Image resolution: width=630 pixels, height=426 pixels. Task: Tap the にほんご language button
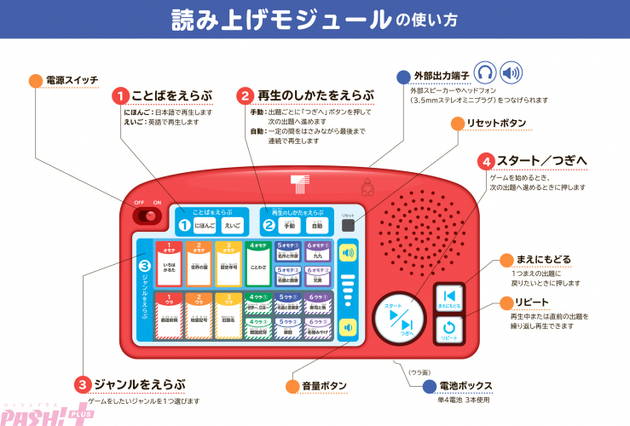[205, 226]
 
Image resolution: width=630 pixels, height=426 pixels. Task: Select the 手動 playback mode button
[289, 226]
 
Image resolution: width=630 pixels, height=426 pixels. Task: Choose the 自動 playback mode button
[317, 226]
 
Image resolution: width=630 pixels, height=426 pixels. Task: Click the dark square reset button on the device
[347, 227]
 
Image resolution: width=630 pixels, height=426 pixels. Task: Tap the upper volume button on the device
[346, 253]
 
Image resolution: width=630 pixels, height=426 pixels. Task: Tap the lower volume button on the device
[346, 326]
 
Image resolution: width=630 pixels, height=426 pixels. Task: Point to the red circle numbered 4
[511, 160]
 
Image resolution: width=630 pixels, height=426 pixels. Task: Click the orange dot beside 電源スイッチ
[35, 81]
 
